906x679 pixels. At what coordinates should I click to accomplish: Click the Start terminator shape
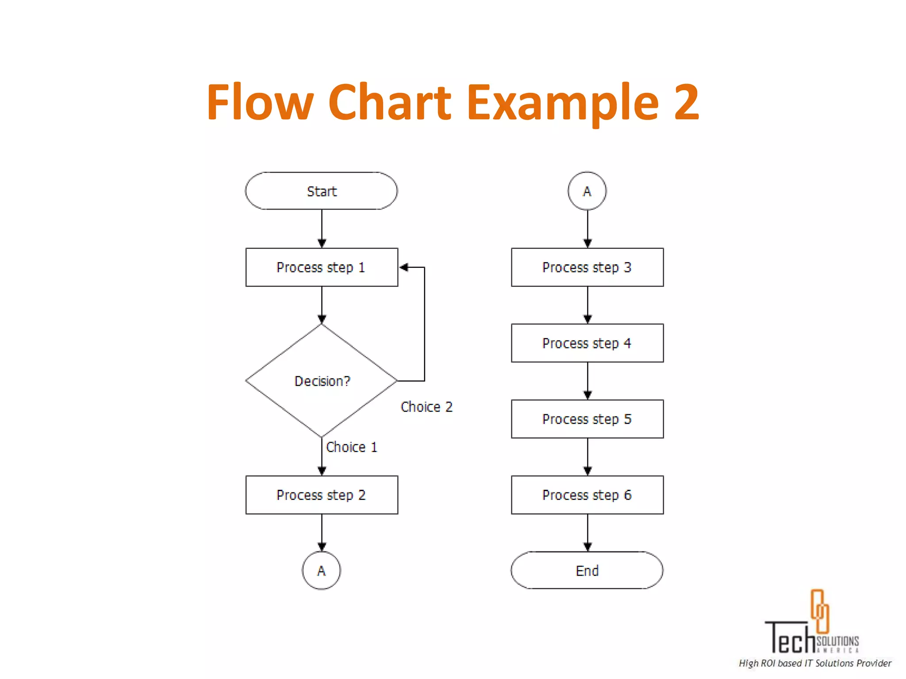click(x=322, y=191)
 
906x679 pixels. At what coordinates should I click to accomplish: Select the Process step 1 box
click(x=322, y=267)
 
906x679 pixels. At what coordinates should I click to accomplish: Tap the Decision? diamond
click(x=322, y=381)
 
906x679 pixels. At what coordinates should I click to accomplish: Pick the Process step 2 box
click(x=322, y=495)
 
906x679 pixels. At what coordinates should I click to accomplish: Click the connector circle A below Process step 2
click(x=322, y=570)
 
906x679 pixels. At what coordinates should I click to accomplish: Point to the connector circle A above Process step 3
click(x=587, y=191)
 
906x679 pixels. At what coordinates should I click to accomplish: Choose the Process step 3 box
click(x=587, y=267)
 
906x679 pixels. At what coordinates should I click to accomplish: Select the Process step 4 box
click(x=587, y=343)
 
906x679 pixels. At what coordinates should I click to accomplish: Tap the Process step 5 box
click(x=587, y=419)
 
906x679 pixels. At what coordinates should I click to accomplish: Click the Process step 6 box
click(x=587, y=495)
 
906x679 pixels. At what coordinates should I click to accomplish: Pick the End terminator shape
click(x=587, y=570)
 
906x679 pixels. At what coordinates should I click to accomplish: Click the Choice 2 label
click(x=426, y=407)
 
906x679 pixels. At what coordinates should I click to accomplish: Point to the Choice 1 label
click(x=352, y=447)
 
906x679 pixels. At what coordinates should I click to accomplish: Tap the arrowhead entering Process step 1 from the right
click(x=403, y=267)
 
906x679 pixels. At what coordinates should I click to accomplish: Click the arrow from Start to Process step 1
click(x=322, y=228)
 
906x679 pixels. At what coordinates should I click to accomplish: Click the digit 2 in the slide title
click(x=686, y=103)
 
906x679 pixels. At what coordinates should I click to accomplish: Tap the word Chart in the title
click(x=390, y=103)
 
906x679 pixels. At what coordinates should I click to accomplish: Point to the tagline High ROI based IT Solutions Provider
click(x=815, y=663)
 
